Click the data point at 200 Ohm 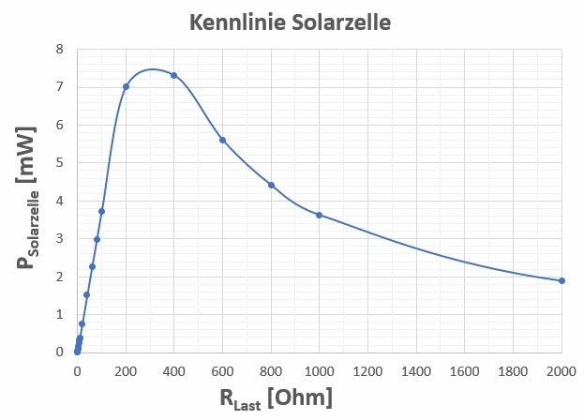coord(126,86)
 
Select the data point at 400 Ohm coord(174,75)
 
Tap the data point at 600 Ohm coord(222,140)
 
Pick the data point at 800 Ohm coord(271,185)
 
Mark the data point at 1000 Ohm coord(320,215)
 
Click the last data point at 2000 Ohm coord(562,280)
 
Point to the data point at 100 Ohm coord(101,211)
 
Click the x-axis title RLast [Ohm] coord(276,398)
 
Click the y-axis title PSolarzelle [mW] coord(28,201)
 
